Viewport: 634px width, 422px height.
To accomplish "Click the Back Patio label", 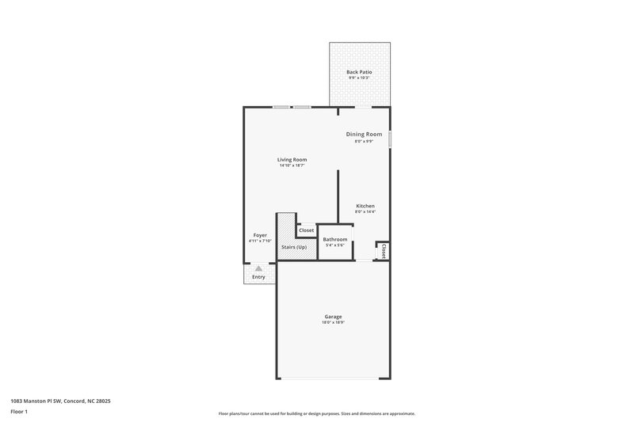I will pos(359,72).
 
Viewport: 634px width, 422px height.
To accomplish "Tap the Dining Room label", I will pos(365,135).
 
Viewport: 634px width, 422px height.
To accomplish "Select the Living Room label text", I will pos(292,159).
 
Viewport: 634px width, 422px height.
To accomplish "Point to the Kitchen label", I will pos(365,206).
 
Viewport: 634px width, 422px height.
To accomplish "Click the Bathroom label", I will pos(334,239).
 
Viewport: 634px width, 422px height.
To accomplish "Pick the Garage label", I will pos(333,317).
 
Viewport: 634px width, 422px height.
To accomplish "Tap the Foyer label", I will pos(260,235).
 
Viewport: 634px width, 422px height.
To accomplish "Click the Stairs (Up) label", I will pos(294,248).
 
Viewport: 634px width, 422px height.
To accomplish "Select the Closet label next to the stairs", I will pos(306,230).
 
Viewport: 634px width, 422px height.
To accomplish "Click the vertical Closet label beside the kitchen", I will pos(383,251).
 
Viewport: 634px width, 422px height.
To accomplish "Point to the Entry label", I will pos(258,277).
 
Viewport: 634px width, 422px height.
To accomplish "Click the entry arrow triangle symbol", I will pos(258,269).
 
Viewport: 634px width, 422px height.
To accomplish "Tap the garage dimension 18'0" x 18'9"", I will pos(333,323).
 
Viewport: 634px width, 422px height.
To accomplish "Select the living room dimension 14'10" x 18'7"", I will pos(292,165).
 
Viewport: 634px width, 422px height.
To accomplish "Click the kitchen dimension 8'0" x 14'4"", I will pos(365,212).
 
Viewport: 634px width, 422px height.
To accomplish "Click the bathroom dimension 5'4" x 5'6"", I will pos(334,245).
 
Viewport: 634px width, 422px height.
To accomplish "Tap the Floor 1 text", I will pos(18,412).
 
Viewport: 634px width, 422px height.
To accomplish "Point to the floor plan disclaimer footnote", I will pos(316,413).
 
